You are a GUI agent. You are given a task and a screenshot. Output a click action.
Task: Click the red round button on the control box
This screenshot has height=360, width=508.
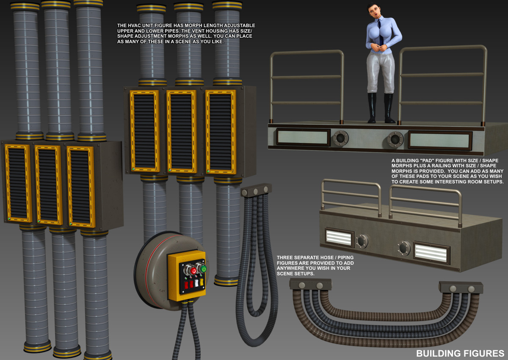click(193, 271)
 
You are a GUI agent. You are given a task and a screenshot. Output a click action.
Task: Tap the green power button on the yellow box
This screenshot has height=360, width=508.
click(204, 269)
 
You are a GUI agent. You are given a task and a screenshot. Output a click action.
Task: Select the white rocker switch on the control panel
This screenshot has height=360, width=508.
click(196, 283)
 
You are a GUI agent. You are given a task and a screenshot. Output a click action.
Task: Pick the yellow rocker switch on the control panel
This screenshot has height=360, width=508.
click(202, 282)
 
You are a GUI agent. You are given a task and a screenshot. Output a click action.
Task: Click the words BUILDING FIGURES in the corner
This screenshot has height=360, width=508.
click(460, 353)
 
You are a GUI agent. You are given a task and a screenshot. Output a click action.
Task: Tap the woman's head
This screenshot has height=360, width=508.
click(373, 11)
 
